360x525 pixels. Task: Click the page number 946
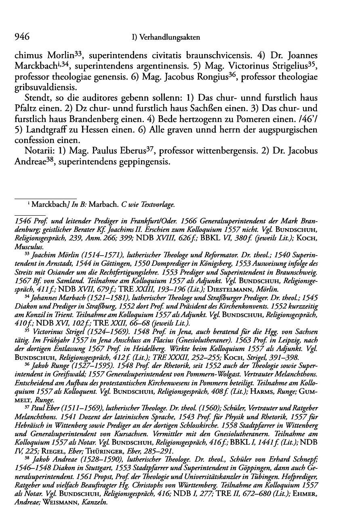[x=22, y=37]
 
